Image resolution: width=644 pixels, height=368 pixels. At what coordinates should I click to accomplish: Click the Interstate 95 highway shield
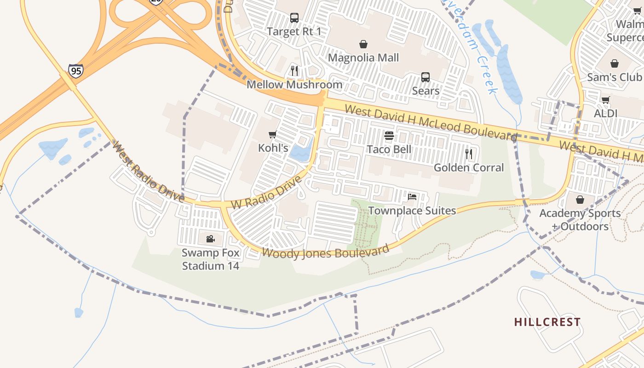coord(76,70)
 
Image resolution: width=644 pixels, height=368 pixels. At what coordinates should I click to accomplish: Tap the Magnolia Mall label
coord(363,58)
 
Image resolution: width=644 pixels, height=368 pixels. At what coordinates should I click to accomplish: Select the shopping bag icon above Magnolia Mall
coord(363,44)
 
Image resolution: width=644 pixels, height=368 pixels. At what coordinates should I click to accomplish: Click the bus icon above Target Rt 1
coord(294,18)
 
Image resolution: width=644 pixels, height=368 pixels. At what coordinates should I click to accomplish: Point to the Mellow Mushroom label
coord(294,85)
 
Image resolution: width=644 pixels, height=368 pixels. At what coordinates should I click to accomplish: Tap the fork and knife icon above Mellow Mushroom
coord(294,71)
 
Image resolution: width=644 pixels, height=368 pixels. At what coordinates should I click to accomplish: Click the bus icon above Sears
coord(425,77)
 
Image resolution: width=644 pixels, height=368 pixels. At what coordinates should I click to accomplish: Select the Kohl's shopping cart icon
coord(273,135)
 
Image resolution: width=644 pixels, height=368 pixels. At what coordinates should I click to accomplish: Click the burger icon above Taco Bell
coord(389,136)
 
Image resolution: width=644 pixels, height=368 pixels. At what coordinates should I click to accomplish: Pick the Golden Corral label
coord(469,167)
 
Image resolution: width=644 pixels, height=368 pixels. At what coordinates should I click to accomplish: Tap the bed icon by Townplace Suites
coord(412,197)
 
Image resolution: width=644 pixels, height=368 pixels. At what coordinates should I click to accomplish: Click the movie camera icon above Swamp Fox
coord(210,239)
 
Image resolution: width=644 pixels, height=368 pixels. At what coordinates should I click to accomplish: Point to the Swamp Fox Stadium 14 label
coord(211,259)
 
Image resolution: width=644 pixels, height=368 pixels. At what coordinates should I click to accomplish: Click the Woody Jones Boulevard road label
coord(326,252)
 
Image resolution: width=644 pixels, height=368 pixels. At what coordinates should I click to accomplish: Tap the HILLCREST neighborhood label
coord(547,322)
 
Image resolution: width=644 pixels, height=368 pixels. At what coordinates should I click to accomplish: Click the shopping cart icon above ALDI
coord(606,100)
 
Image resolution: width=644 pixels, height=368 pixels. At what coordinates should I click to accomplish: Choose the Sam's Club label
coord(614,77)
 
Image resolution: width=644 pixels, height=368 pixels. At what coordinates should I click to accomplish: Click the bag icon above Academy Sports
coord(580,200)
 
